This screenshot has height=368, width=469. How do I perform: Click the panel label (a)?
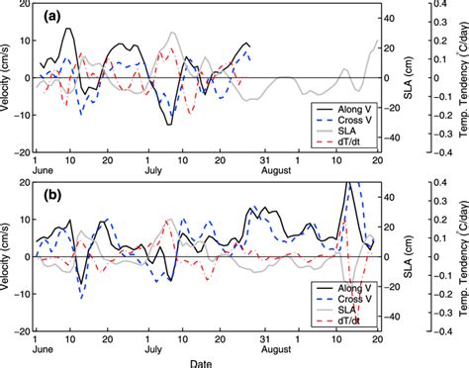point(51,18)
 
